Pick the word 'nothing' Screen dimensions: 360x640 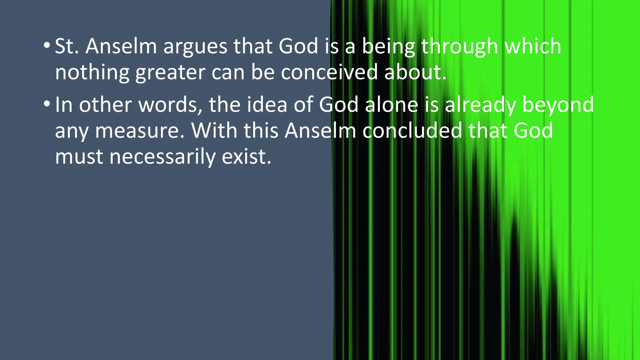(x=92, y=72)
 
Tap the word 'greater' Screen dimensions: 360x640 (x=170, y=72)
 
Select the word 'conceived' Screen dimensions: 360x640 (x=329, y=72)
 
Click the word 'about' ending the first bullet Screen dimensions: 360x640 (x=412, y=72)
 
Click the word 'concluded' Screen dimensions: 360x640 (x=412, y=130)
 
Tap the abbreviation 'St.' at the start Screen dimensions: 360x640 (x=67, y=46)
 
